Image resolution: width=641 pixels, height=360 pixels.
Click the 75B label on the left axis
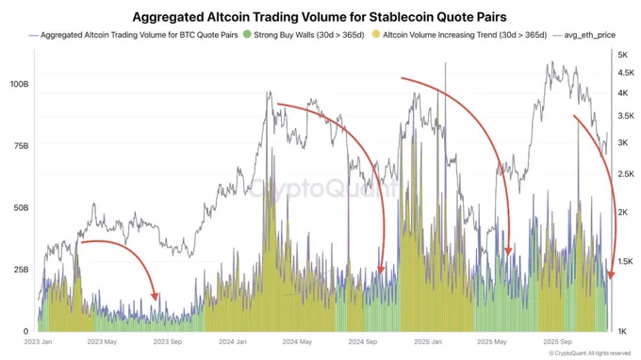click(19, 146)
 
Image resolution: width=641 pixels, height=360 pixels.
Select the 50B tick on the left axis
click(19, 207)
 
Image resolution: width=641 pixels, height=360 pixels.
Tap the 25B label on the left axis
click(19, 270)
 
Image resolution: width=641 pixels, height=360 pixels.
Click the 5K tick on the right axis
click(624, 56)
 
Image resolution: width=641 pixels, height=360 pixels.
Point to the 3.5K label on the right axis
click(626, 115)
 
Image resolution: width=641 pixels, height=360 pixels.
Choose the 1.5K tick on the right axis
click(626, 261)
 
